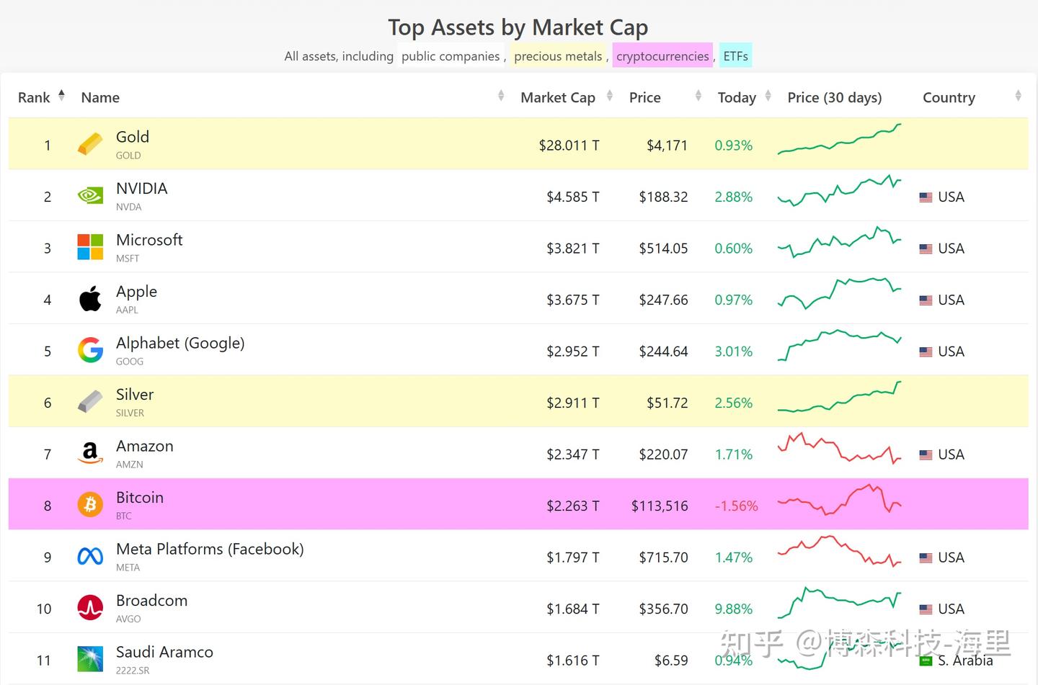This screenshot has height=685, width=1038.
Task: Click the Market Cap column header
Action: (x=557, y=97)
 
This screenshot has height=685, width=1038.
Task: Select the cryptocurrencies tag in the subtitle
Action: (x=662, y=56)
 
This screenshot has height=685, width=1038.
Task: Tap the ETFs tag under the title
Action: (x=735, y=56)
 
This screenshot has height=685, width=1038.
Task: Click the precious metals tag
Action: (x=558, y=56)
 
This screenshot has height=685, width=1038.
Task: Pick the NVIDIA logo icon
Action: (x=90, y=196)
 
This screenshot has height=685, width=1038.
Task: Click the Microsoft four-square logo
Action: (x=90, y=247)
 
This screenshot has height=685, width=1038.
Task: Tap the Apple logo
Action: (x=90, y=299)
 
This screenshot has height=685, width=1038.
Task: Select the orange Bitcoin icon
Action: (x=90, y=504)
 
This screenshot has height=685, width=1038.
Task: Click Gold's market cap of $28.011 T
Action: (x=569, y=145)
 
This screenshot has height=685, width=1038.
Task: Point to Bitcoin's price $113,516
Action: (x=660, y=506)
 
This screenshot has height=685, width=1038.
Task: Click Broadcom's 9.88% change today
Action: (x=733, y=609)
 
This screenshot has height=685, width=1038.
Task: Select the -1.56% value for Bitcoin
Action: (x=736, y=506)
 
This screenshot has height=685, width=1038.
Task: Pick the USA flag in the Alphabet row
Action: (x=926, y=352)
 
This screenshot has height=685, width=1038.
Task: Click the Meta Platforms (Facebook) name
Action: (x=210, y=549)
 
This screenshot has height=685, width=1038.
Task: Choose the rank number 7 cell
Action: (x=48, y=455)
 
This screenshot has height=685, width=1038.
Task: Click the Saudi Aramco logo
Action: (x=90, y=659)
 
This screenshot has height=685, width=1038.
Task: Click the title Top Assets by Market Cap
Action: (x=518, y=27)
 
